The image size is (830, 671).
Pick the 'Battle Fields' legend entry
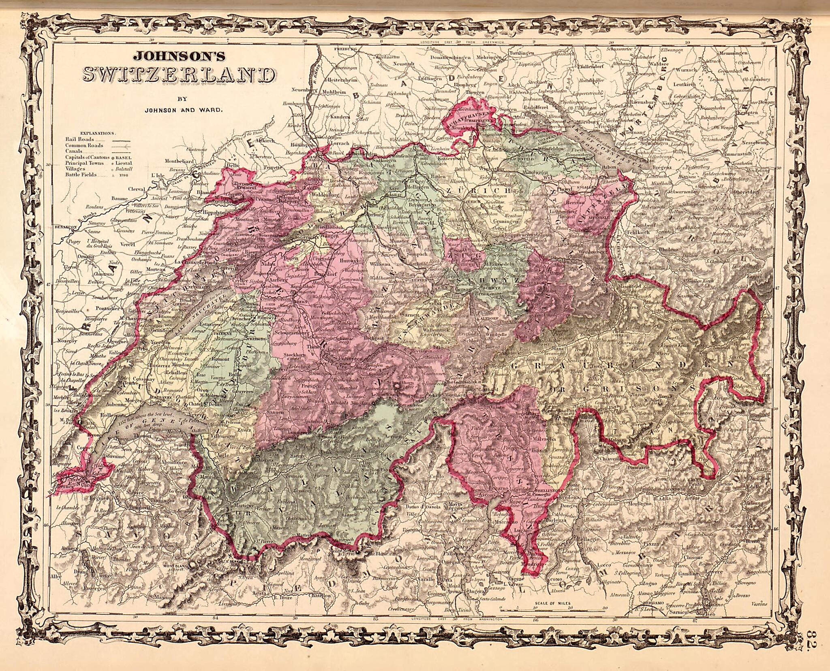click(81, 175)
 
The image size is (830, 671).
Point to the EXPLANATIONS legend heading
click(98, 133)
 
